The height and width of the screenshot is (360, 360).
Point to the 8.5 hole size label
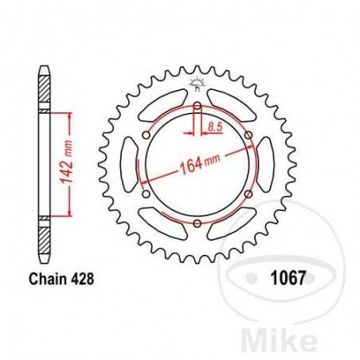point(213,126)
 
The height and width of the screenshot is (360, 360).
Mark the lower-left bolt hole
point(146,195)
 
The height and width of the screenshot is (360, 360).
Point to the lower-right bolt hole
point(248,195)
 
